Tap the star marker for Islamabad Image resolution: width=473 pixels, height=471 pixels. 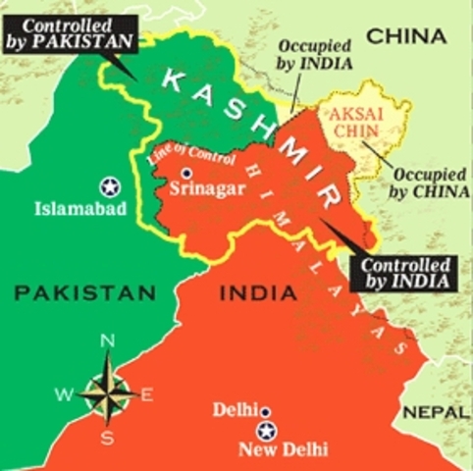pos(108,185)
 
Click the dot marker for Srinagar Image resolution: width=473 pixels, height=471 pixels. pos(185,173)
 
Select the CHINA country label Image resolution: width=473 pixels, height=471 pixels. pos(406,37)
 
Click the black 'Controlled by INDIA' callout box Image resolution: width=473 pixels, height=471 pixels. pos(405,272)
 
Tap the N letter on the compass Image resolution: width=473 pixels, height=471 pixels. pos(109,340)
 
